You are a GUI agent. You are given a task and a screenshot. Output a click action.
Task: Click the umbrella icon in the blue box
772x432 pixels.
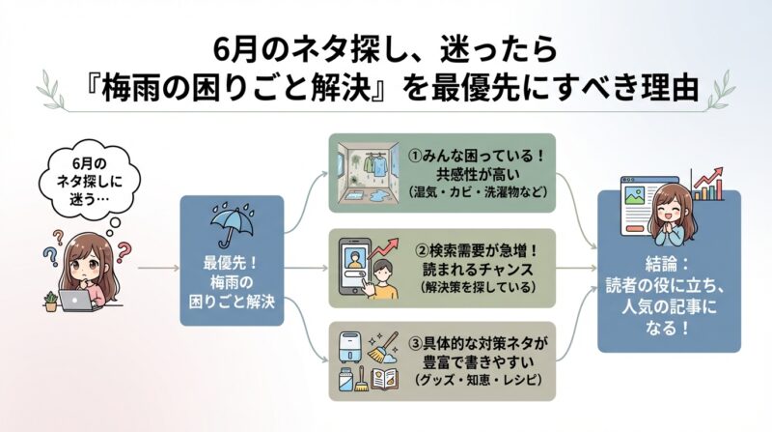click(x=231, y=227)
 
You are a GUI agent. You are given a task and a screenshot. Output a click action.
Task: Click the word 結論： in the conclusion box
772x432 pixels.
click(x=668, y=262)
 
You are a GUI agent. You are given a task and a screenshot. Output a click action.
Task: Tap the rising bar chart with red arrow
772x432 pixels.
click(x=710, y=184)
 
